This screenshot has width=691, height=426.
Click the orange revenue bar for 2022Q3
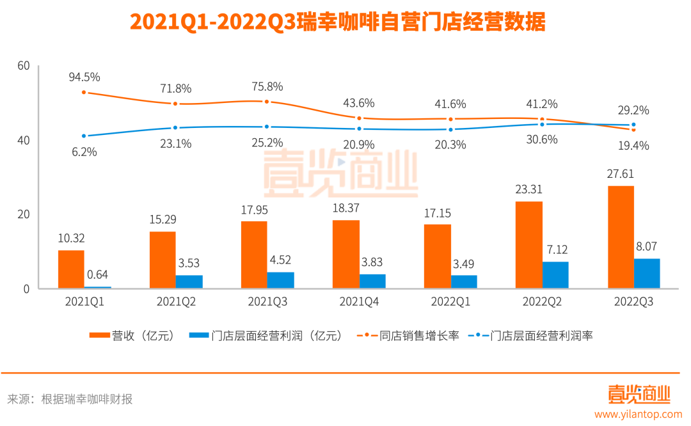[x=621, y=237]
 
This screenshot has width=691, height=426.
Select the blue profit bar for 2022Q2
[x=555, y=275]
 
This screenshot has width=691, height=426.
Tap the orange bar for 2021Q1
[x=71, y=269]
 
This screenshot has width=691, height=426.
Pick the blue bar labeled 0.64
[x=98, y=287]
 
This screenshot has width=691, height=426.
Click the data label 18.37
[x=345, y=209]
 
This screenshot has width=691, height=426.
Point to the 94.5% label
[x=84, y=77]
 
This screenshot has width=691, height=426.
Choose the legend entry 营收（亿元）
[x=131, y=335]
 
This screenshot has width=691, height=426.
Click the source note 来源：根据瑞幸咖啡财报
[x=70, y=399]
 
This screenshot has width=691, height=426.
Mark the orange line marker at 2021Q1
[x=84, y=92]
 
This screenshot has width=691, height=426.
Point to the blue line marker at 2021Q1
[x=84, y=136]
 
